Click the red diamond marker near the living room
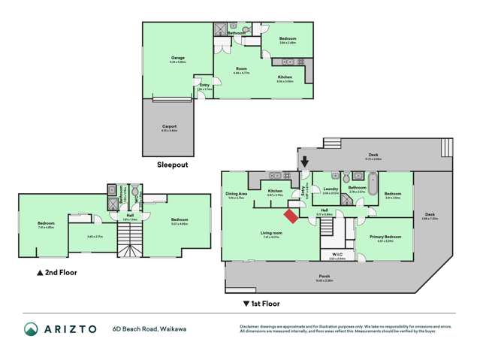pos(289,216)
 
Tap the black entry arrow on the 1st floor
pos(304,160)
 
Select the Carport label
pos(169,126)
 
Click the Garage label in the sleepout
pos(178,59)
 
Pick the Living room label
pos(271,233)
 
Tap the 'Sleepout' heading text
pos(172,164)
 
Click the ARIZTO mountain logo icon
pos(31,328)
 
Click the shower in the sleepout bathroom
pos(221,30)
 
